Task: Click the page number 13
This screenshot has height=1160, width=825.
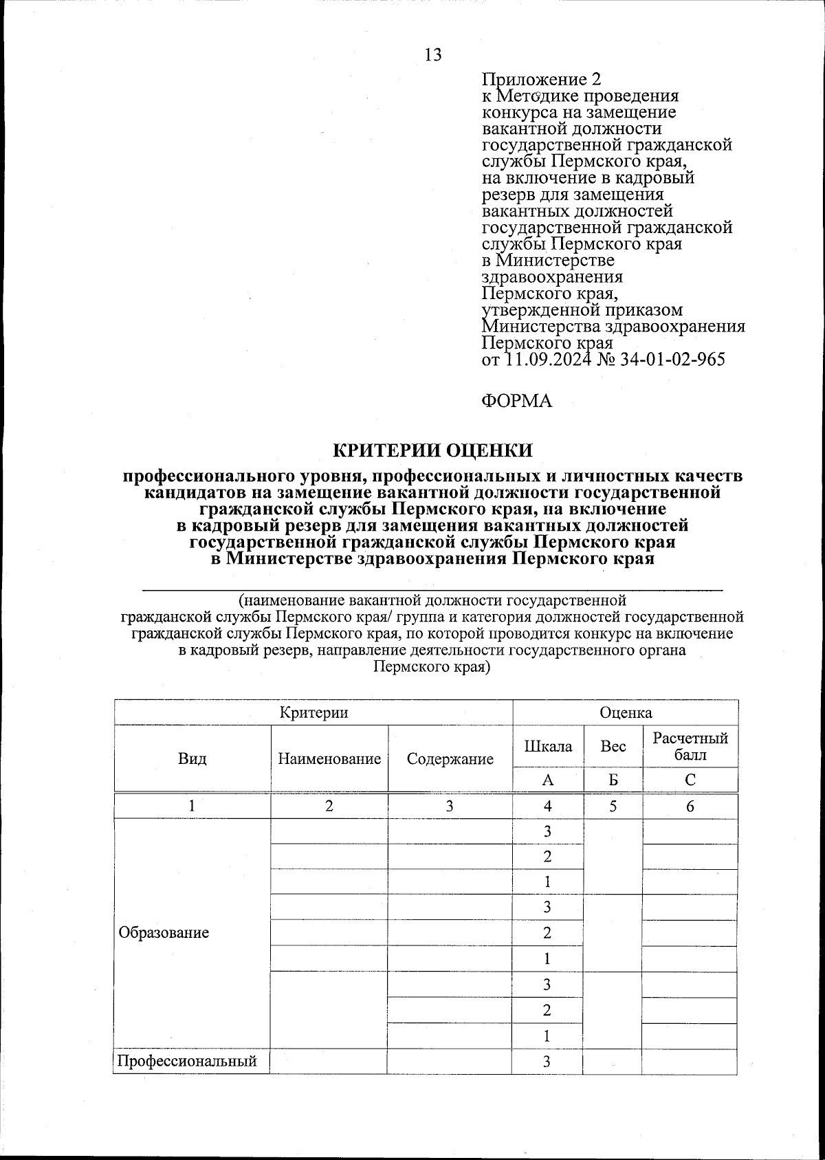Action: [433, 55]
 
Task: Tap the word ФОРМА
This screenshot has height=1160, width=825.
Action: [516, 401]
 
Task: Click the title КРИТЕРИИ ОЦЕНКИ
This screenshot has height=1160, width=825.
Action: [433, 450]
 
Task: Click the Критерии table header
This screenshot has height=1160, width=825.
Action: [313, 712]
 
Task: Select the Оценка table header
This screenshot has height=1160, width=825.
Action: [626, 712]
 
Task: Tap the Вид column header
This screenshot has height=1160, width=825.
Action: [192, 759]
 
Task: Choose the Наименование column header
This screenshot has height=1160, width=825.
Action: [329, 759]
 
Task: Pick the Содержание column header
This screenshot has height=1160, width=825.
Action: [450, 759]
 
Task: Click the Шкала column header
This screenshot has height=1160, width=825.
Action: [548, 746]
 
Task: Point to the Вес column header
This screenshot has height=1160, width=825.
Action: [613, 746]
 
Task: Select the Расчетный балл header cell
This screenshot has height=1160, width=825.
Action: [690, 747]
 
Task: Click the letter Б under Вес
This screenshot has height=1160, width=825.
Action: [613, 780]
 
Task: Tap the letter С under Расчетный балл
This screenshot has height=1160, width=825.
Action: [690, 780]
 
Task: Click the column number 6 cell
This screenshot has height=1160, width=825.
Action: [690, 807]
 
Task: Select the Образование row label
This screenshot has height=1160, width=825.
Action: [164, 933]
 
